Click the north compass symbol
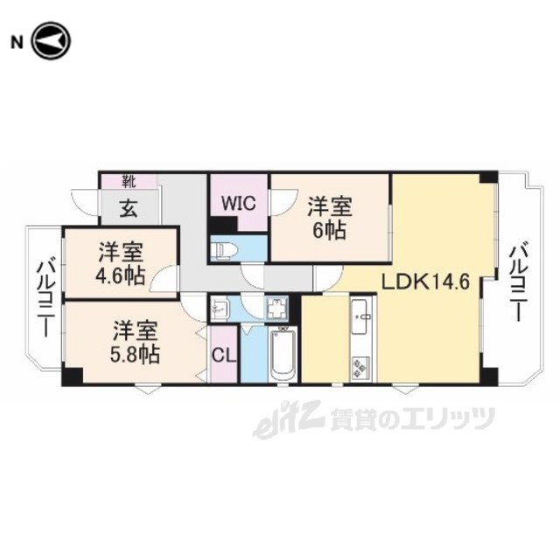point(52,41)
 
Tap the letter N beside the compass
point(17,43)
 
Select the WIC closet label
point(239,203)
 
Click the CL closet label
point(224,355)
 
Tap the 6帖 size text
point(330,231)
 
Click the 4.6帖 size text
point(121,276)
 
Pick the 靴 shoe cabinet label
point(129,182)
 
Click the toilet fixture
point(220,248)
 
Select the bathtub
point(283,355)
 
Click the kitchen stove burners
point(361,367)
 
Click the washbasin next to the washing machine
point(217,308)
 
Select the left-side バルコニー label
point(46,299)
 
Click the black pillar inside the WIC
point(222,226)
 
